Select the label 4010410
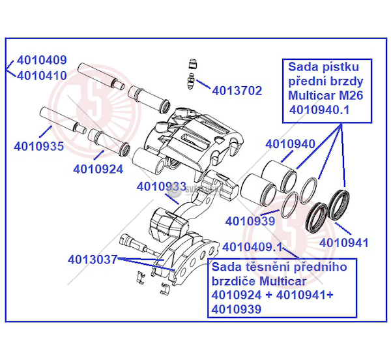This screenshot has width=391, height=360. pos(42,75)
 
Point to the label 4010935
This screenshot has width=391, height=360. pos(38,146)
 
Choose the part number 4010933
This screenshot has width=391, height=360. pos(161,187)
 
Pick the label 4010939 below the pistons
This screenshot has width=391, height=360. pos(251,220)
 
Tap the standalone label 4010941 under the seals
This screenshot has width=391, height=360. pos(344,243)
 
